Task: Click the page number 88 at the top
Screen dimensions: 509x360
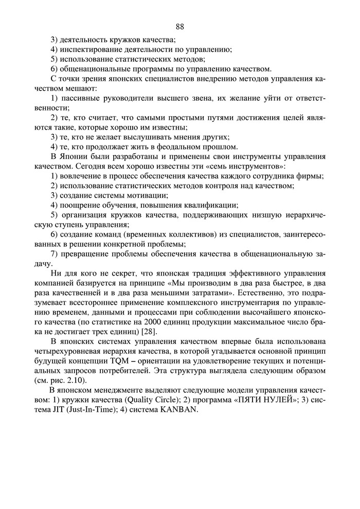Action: coord(179,26)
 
